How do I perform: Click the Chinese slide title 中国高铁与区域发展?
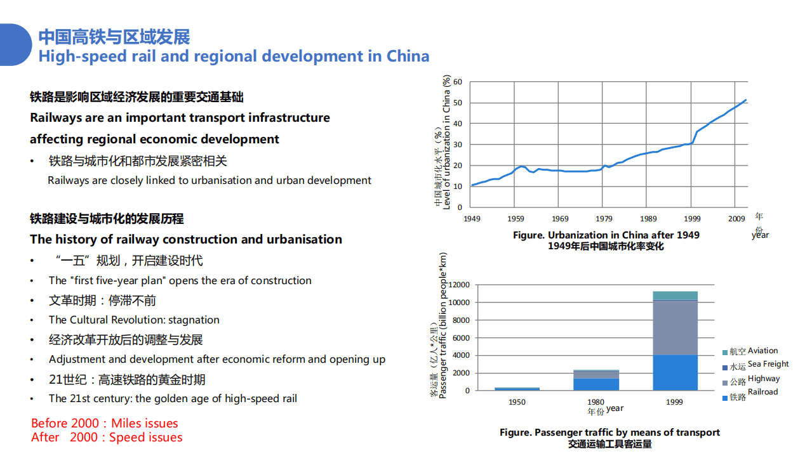(x=114, y=36)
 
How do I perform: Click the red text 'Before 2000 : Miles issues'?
(x=105, y=423)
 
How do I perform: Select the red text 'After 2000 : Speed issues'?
(x=107, y=438)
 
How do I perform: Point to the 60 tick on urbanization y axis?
(x=458, y=82)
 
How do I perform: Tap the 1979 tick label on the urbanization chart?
(x=604, y=219)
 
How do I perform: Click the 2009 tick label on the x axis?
(x=736, y=219)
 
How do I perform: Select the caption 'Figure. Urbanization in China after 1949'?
(x=606, y=235)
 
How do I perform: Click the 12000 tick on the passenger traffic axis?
(x=458, y=285)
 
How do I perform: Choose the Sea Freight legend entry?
(x=755, y=365)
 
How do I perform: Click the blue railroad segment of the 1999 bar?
(x=675, y=373)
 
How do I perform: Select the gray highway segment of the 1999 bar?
(x=675, y=327)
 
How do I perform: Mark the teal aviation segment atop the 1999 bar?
(x=675, y=296)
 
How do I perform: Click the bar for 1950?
(x=517, y=389)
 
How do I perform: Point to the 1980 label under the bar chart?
(x=596, y=402)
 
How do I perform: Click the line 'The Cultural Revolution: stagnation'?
(x=134, y=320)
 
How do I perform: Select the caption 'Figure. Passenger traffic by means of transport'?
(x=609, y=433)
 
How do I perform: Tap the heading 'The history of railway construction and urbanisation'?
(x=186, y=239)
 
